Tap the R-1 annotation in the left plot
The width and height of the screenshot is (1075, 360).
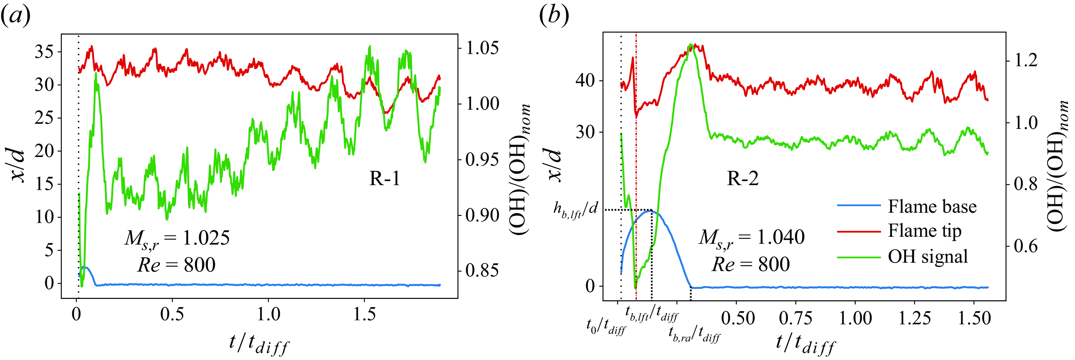(x=384, y=179)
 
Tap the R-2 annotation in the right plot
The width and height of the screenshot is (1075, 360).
(x=743, y=179)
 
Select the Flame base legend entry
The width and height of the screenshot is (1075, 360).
(x=931, y=206)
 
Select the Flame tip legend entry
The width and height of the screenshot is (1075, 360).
(x=924, y=231)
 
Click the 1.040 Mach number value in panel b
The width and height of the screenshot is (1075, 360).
(x=780, y=237)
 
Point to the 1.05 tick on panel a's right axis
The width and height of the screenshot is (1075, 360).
(x=482, y=48)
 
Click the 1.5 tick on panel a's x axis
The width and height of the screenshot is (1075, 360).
(x=364, y=314)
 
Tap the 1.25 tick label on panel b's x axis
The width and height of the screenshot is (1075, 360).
(x=914, y=318)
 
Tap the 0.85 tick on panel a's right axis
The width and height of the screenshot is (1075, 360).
(x=482, y=271)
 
